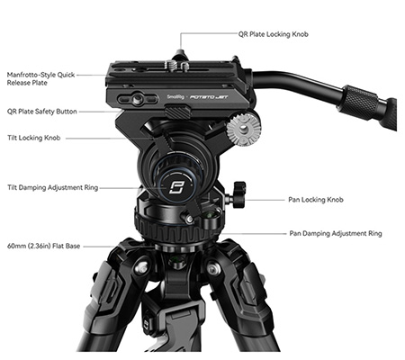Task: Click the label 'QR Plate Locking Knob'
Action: [x=273, y=34]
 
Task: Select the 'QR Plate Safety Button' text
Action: [x=42, y=112]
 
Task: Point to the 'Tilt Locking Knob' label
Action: [x=34, y=139]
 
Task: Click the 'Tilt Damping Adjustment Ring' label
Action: [x=50, y=188]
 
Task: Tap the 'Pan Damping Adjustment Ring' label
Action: [x=335, y=233]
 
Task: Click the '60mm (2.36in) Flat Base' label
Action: [x=44, y=246]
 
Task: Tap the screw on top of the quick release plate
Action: [x=181, y=65]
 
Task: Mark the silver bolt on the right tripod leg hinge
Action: [x=212, y=268]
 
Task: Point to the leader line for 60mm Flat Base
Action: [x=117, y=246]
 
